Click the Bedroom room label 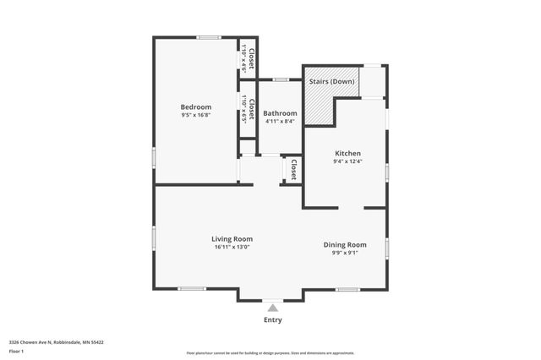[195, 106]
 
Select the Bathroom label [280, 113]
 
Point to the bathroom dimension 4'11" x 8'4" [280, 121]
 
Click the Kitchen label [347, 153]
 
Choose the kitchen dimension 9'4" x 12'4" [347, 161]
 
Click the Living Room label [232, 239]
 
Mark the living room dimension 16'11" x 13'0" [232, 248]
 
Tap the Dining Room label [345, 244]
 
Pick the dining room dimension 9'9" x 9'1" [345, 253]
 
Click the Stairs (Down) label [331, 81]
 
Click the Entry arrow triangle [272, 308]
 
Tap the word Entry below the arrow [272, 320]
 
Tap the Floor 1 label [15, 351]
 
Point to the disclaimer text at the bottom [270, 353]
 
